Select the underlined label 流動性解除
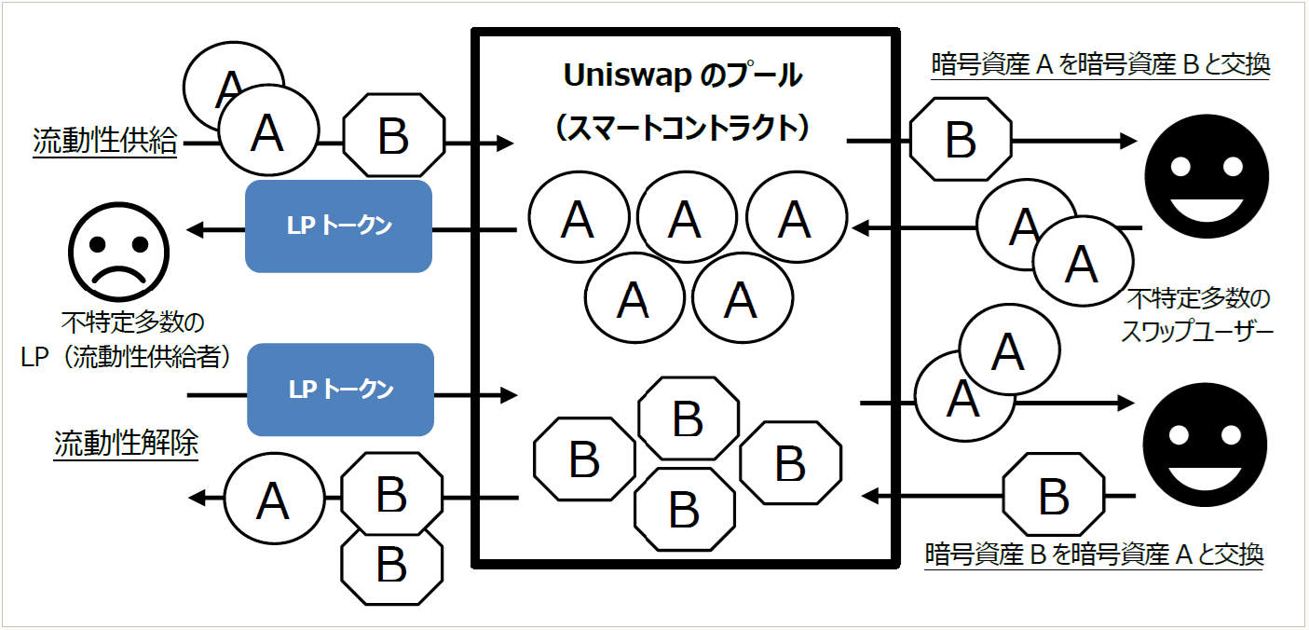tap(126, 444)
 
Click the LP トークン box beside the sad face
tap(338, 226)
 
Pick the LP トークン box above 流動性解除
tap(340, 390)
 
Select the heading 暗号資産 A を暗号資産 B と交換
tap(1100, 64)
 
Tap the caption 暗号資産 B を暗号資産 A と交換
tap(1095, 555)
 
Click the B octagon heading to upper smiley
tap(961, 142)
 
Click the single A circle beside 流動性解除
tap(272, 501)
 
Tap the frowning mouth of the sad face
tap(117, 277)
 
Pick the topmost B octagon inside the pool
tap(688, 420)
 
